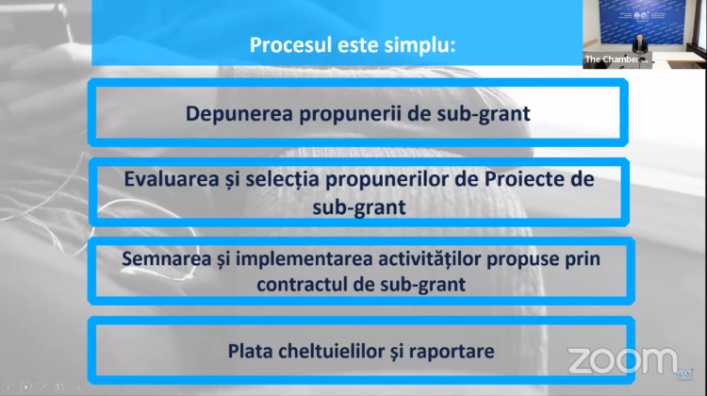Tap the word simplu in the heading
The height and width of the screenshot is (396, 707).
(419, 45)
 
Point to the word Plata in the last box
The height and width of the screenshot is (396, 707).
(250, 352)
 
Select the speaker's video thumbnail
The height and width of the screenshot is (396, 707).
(643, 35)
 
